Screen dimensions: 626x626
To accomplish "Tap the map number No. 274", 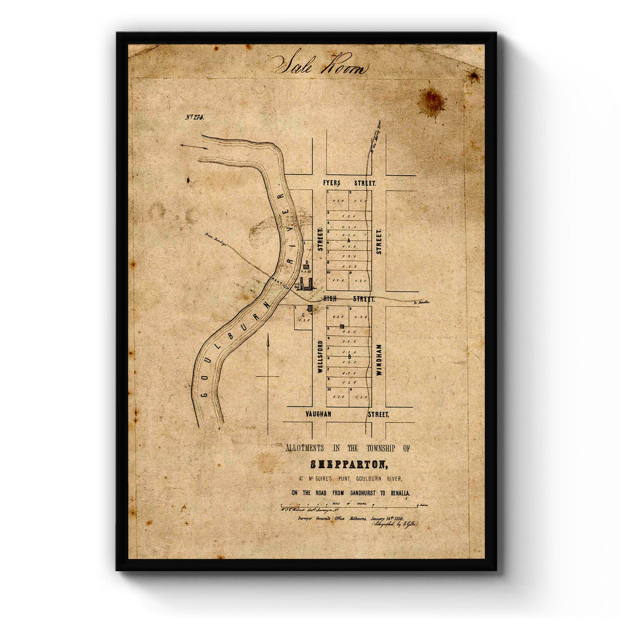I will click(x=195, y=117).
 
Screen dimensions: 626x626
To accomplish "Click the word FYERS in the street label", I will click(x=332, y=184).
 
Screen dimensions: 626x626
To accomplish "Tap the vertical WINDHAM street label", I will click(x=379, y=360).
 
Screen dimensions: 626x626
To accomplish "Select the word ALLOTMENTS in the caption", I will click(x=304, y=448).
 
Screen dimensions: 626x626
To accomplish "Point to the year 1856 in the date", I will click(x=402, y=518).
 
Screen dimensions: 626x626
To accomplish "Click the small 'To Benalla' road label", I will click(x=422, y=302).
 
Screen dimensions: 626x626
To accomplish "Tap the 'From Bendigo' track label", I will click(x=214, y=237).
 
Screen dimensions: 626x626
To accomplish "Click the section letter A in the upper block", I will click(x=348, y=241).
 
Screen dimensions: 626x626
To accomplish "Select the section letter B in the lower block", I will click(x=348, y=356).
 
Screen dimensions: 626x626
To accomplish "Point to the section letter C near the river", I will click(x=302, y=315).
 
